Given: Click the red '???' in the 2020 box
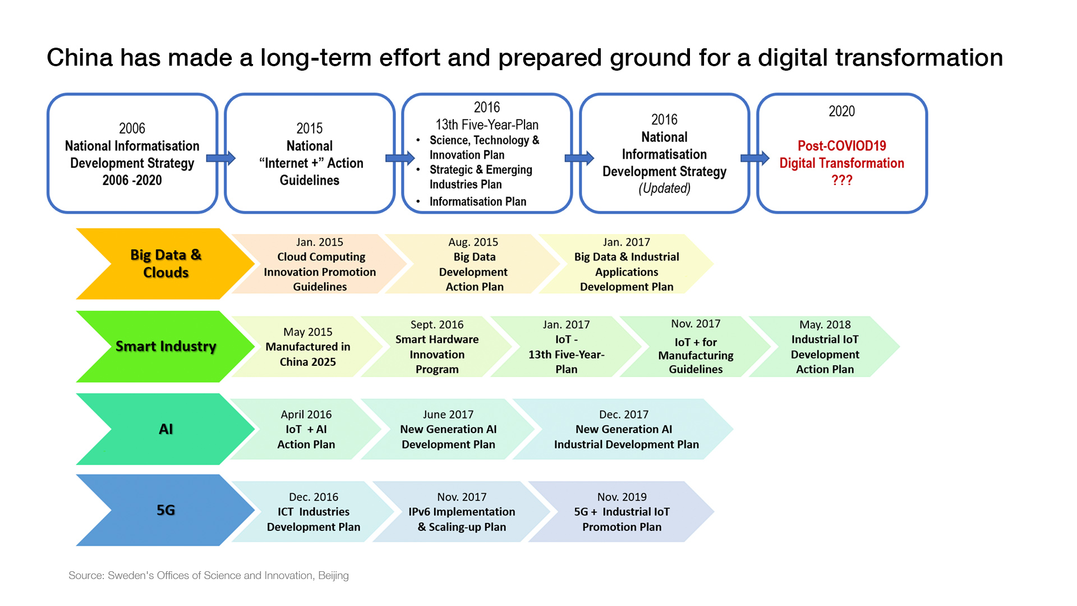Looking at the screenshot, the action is click(841, 180).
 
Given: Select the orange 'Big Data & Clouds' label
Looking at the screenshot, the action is click(165, 263).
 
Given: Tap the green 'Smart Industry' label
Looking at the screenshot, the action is click(165, 346).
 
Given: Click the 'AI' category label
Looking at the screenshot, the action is click(165, 429).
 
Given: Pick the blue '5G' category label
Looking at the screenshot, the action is click(165, 510).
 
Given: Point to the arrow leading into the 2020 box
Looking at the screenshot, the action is click(755, 158).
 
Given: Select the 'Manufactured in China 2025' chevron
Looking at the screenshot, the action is click(307, 347).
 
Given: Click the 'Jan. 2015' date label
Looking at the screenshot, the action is click(320, 242).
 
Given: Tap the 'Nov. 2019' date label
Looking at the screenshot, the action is click(622, 497).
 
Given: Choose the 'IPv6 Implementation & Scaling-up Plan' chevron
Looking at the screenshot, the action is click(462, 512).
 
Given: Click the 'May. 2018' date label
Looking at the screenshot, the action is click(825, 324).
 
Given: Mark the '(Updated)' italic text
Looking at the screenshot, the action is click(664, 189).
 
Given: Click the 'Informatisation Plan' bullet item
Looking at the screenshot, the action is click(477, 201).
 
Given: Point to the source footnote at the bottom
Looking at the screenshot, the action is click(209, 575).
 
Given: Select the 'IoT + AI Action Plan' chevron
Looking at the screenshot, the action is click(306, 429).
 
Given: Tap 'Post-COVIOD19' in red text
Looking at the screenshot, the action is click(841, 146).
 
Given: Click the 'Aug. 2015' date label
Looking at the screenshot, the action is click(473, 242).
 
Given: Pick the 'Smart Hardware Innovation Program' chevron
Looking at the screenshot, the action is click(437, 347).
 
